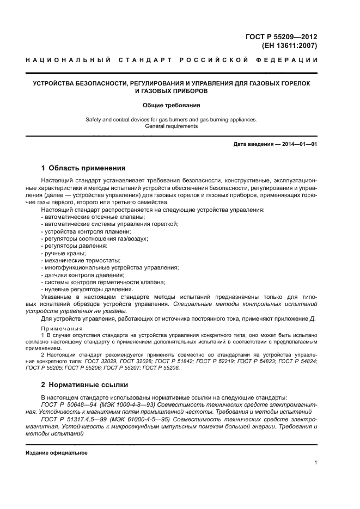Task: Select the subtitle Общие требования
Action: [x=171, y=105]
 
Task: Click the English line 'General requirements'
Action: [x=171, y=126]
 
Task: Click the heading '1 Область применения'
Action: [x=83, y=168]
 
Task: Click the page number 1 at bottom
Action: [x=315, y=463]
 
